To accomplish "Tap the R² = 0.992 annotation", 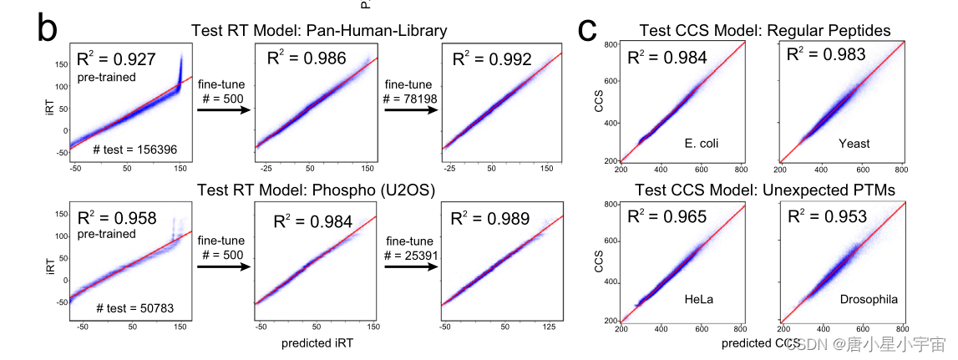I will point(490,59).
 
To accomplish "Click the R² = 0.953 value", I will point(828,216).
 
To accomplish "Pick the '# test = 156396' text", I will point(134,150).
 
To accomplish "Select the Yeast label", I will point(854,143).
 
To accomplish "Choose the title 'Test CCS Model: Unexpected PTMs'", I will point(765,190).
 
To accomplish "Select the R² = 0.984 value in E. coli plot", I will point(668,57).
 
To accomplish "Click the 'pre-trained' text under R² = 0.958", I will point(106,235).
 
